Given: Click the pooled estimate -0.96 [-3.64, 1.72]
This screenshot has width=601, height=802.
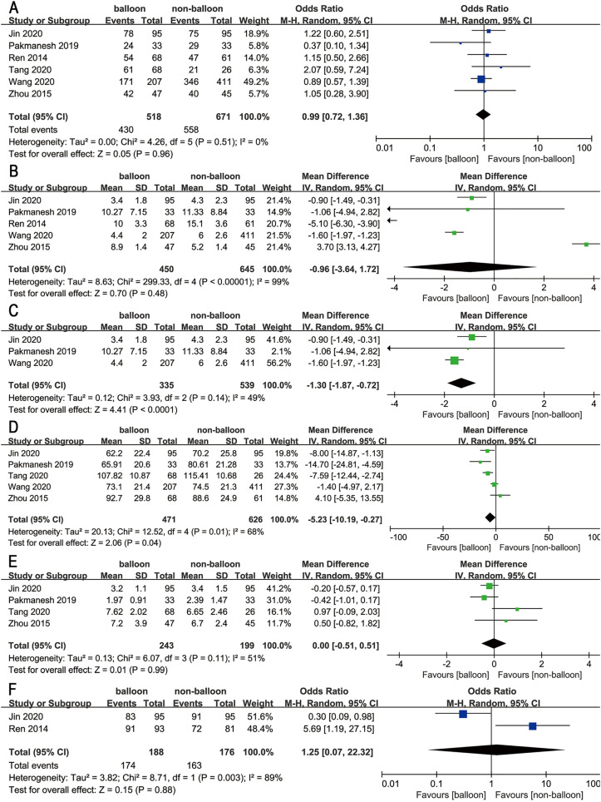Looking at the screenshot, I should point(333,271).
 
